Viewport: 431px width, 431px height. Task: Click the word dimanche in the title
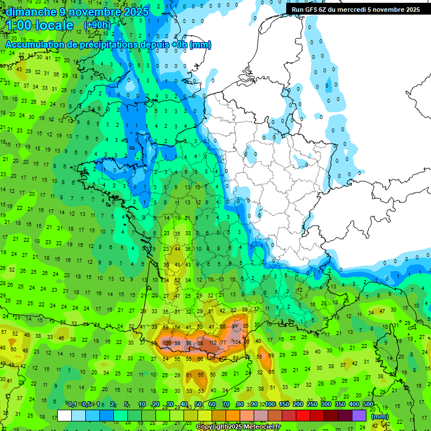pos(29,11)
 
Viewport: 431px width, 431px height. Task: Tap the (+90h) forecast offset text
pos(97,25)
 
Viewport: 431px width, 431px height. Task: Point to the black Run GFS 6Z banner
pos(356,9)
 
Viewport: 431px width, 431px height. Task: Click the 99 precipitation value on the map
pos(177,343)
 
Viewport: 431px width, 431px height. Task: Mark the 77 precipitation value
pos(223,342)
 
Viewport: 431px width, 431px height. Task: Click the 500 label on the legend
pos(368,405)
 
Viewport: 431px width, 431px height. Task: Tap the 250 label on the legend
pos(312,405)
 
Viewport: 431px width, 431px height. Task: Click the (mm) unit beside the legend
pos(380,416)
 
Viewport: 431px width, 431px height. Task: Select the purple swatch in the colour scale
pos(359,415)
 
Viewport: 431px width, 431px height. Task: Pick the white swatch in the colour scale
pos(65,415)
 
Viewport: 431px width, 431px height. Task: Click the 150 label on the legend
pos(284,405)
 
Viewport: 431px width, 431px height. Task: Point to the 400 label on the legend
pos(354,405)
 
